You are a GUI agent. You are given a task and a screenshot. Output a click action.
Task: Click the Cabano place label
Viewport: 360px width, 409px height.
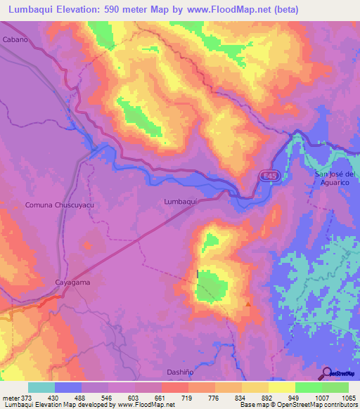tap(15, 40)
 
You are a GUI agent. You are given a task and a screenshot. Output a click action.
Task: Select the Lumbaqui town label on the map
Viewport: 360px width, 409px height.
tap(179, 200)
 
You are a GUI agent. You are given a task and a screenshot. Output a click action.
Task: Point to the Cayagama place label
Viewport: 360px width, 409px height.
tap(74, 282)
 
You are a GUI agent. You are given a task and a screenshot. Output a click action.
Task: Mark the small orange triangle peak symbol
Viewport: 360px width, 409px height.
tap(248, 304)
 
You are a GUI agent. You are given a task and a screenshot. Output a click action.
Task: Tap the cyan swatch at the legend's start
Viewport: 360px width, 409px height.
tap(41, 387)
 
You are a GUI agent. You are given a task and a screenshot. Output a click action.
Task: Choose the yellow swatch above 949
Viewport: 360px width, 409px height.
tap(282, 387)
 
